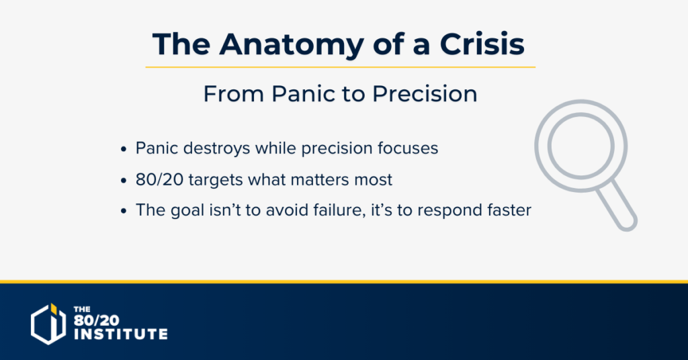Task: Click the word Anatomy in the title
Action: coord(292,45)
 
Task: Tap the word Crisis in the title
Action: coord(482,44)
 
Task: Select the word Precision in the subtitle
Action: coord(425,94)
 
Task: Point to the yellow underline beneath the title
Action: coord(341,67)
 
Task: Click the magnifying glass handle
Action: coord(617,206)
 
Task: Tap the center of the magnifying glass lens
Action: coord(581,146)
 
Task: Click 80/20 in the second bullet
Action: coord(159,179)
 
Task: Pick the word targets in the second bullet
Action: coord(216,180)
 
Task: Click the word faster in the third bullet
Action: coord(509,210)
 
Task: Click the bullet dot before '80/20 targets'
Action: coord(124,180)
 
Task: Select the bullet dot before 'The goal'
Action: coord(124,211)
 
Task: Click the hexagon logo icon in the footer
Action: coord(48,324)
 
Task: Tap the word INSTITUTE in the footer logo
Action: coord(121,334)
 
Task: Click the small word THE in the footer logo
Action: coord(82,309)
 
